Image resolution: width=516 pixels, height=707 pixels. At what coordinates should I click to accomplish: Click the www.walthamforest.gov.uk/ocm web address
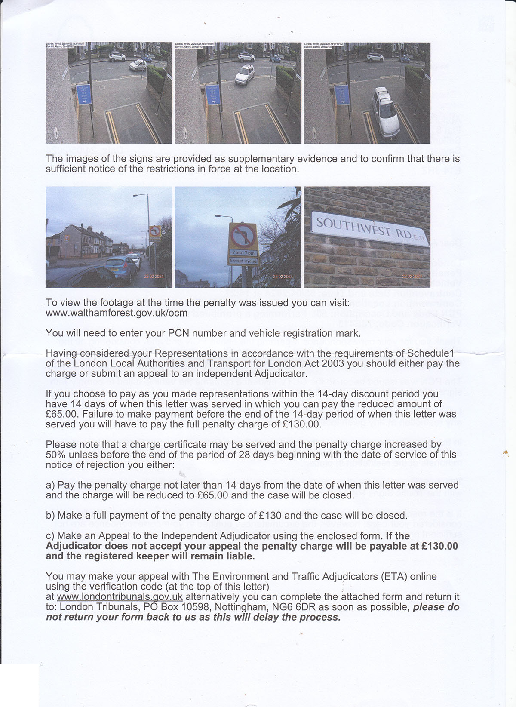point(117,313)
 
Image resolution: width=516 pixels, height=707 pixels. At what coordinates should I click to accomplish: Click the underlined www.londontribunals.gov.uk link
point(120,597)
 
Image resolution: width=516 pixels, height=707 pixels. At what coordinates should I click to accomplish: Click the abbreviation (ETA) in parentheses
point(393,576)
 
